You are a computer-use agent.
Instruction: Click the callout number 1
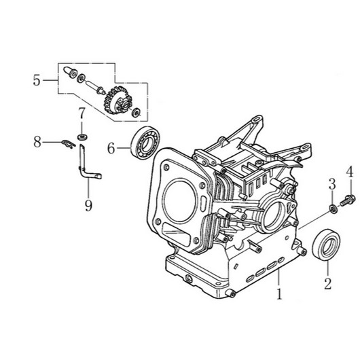278,295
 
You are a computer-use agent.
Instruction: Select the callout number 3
331,183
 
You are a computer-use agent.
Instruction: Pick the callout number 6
111,146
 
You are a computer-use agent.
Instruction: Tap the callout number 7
81,111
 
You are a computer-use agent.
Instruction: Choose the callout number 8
38,142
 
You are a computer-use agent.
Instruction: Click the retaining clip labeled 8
66,142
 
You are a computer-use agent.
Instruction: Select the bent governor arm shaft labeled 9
86,166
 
